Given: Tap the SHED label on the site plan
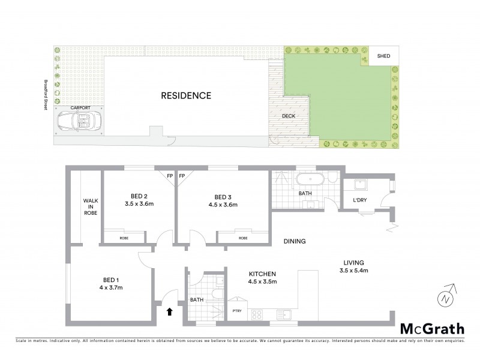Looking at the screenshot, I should coord(383,56).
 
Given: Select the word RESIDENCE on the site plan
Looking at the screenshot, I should coord(186,95).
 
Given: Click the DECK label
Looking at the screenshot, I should coord(289,116).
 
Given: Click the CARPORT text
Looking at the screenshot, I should coord(80,107).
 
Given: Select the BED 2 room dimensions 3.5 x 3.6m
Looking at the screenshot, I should coord(139,205).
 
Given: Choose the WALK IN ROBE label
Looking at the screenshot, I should coord(91,206).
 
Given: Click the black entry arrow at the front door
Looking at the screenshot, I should coord(169,311).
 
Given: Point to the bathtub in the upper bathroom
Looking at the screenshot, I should coord(311,178).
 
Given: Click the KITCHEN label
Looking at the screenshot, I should coord(263,274).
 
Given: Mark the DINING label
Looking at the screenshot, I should coord(295,242).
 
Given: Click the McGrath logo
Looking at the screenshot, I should coord(432,328).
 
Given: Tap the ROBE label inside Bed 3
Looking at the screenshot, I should coord(243,238).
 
